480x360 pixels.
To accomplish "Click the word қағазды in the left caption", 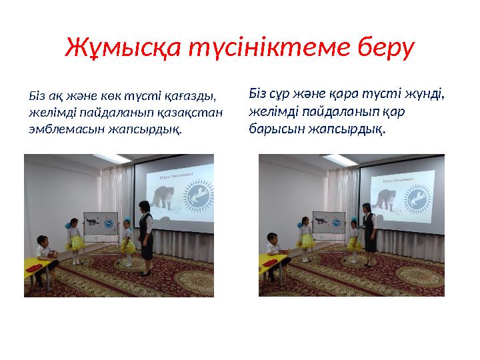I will tap(189, 97).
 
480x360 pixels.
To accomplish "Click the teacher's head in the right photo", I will tap(367, 210).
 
